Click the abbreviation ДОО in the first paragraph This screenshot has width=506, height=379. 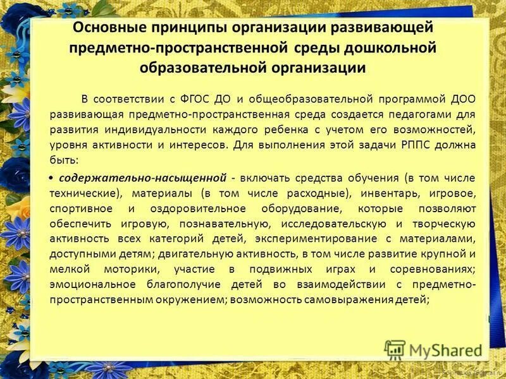click(x=461, y=100)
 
